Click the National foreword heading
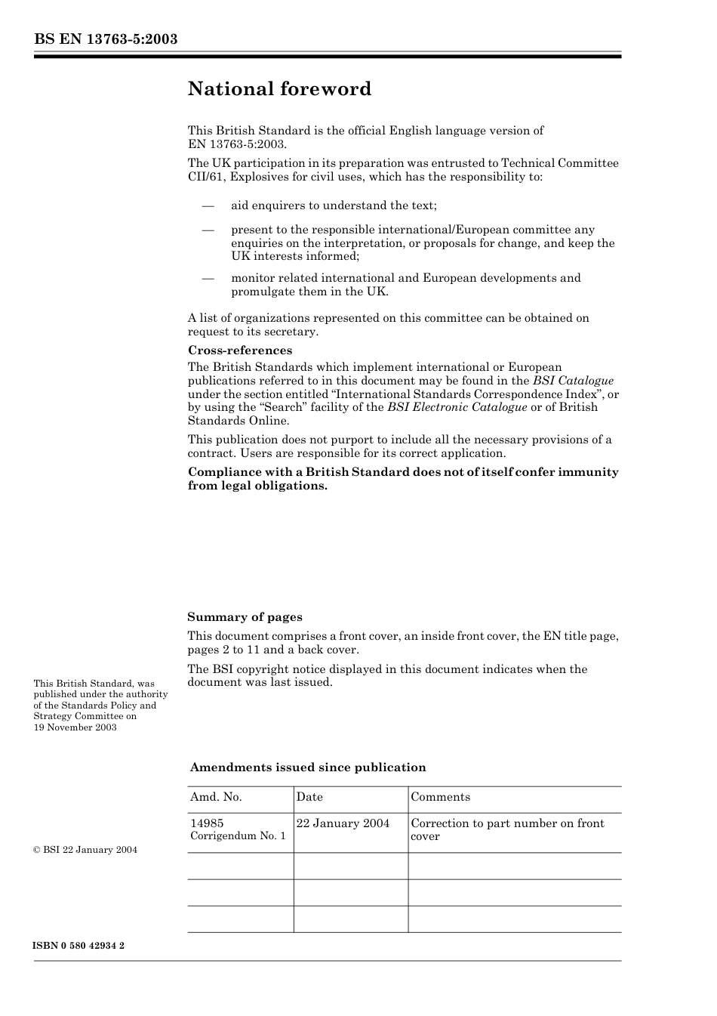[279, 89]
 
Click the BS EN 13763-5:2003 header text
[106, 39]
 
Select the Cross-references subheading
[239, 351]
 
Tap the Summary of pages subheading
[245, 617]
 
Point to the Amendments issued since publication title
[308, 767]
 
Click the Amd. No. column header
[216, 798]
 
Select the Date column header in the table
[309, 798]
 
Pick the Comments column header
[440, 798]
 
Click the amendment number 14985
[207, 823]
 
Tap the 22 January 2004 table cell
[343, 823]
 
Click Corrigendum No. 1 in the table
[238, 836]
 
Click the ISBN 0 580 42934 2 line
[79, 946]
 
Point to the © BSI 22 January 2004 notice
[85, 850]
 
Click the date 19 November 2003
[75, 727]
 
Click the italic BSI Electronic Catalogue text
[457, 407]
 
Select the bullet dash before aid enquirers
[208, 206]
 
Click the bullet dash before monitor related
[208, 279]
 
